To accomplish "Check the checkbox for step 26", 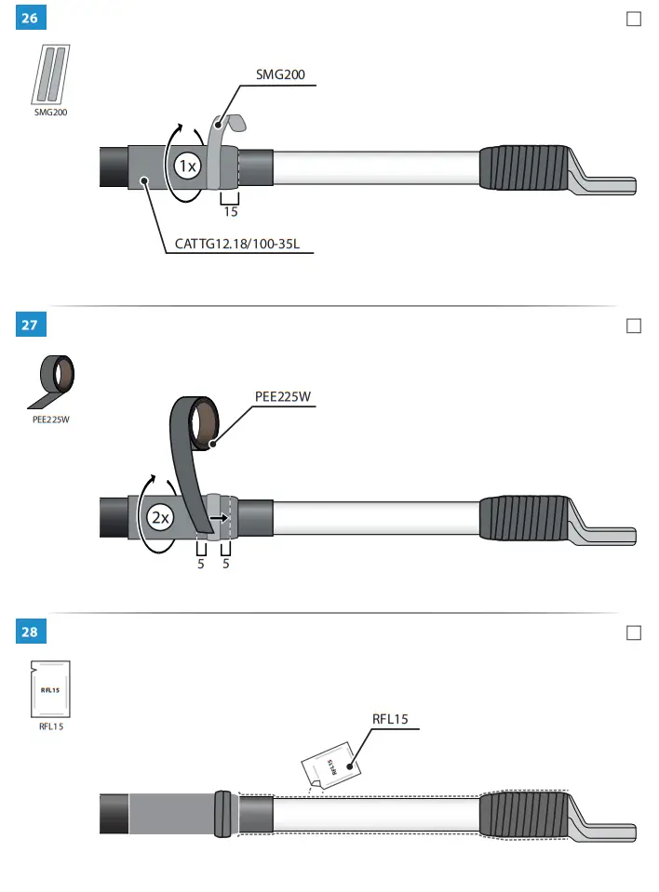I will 634,19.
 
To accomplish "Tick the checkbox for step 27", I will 634,326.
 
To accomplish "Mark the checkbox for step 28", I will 634,632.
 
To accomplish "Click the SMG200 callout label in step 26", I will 281,74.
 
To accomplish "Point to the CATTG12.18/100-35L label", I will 244,246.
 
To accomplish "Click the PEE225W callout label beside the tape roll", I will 283,396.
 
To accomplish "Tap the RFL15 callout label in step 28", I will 390,718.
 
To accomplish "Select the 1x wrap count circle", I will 187,166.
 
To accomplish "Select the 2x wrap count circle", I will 161,518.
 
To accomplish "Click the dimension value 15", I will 231,212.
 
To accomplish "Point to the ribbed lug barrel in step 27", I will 524,519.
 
